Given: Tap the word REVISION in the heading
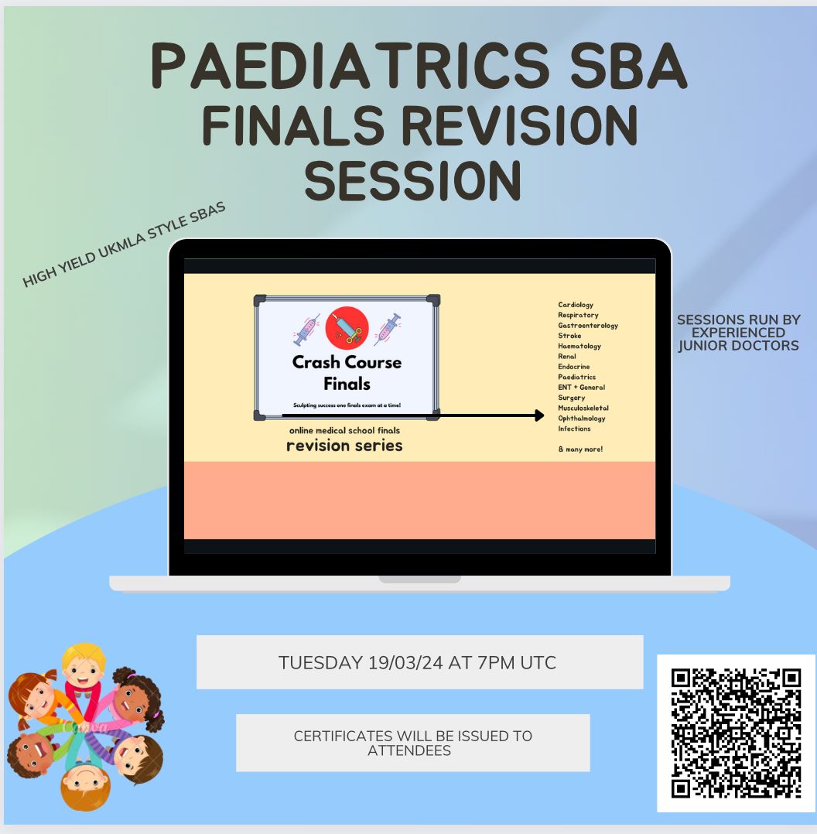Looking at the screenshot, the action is pos(519,125).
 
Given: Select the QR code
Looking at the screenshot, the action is pos(737,733).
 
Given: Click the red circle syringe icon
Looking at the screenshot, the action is pos(347,328).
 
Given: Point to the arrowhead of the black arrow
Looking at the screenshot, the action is pos(539,415).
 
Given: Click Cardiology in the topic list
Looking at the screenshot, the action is pos(576,305).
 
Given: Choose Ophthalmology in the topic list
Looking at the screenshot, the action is pos(581,419).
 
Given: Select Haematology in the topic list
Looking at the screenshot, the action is pos(579,347).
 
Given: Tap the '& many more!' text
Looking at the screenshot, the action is pos(580,449).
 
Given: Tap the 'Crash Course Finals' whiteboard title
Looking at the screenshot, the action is pos(347,373).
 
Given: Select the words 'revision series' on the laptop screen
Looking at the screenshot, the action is pos(344,446).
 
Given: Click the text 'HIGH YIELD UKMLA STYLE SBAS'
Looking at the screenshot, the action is pos(124,245).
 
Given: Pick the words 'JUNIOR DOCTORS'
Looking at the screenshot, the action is pos(738,346).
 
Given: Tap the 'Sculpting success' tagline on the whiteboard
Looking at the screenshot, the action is pos(347,405).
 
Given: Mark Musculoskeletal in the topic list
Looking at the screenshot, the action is pos(583,408).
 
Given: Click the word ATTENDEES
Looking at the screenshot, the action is pos(409,750).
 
